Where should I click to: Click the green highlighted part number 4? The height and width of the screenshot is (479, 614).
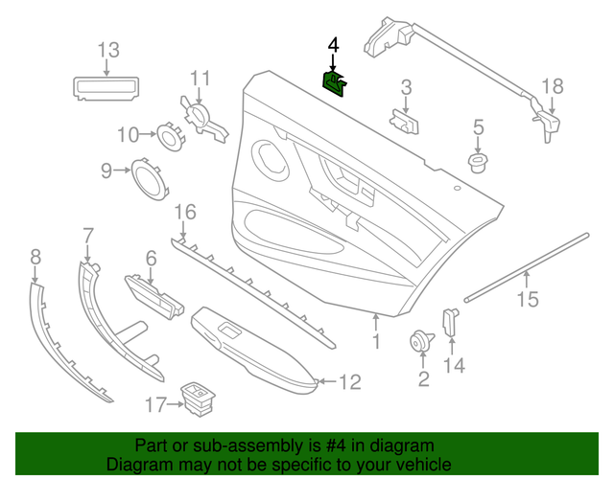pos(334,84)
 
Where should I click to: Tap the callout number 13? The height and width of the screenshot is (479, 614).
pos(107,50)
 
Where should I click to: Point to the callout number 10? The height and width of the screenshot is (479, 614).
pos(129,134)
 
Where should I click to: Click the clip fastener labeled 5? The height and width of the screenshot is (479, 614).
pos(477,162)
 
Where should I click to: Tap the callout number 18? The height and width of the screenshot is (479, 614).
pos(554,86)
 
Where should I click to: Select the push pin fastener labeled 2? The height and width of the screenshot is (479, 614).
pos(419,340)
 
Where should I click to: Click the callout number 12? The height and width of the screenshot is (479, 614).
pos(349,383)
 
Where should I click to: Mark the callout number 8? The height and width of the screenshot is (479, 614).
pos(35,256)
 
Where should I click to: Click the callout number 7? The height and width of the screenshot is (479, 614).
pos(88,235)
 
